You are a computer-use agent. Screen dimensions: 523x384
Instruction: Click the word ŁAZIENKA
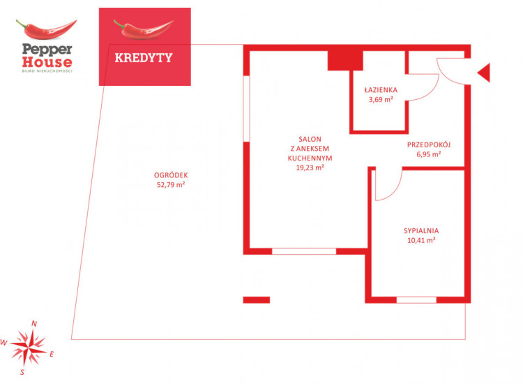click(x=381, y=89)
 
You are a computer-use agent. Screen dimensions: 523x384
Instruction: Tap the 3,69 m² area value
click(x=381, y=99)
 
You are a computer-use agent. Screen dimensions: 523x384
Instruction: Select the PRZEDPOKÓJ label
click(x=429, y=145)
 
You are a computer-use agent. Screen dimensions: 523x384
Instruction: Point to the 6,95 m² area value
click(x=429, y=154)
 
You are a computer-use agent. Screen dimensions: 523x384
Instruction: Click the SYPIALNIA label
click(x=421, y=230)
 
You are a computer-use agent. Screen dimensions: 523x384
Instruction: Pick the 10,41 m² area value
click(x=421, y=240)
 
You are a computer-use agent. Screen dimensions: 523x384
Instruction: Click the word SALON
click(x=310, y=139)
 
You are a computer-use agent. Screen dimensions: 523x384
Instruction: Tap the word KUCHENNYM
click(x=310, y=158)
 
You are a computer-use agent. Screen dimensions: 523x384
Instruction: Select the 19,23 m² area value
click(x=310, y=168)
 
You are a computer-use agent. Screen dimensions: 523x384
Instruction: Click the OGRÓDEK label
click(x=171, y=175)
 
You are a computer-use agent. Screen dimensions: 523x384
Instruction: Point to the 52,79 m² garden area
click(x=171, y=184)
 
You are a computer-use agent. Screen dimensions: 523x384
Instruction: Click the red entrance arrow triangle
click(x=484, y=73)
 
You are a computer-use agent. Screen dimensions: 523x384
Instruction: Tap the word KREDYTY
click(x=144, y=58)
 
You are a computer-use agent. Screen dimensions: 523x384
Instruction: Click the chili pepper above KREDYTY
click(x=144, y=29)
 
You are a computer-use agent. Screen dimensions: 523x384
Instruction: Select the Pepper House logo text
click(x=47, y=56)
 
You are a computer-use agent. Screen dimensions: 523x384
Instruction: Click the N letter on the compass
click(x=34, y=323)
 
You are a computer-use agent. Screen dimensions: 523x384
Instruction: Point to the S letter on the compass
click(x=22, y=372)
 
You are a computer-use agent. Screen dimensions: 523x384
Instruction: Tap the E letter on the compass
click(x=52, y=354)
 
